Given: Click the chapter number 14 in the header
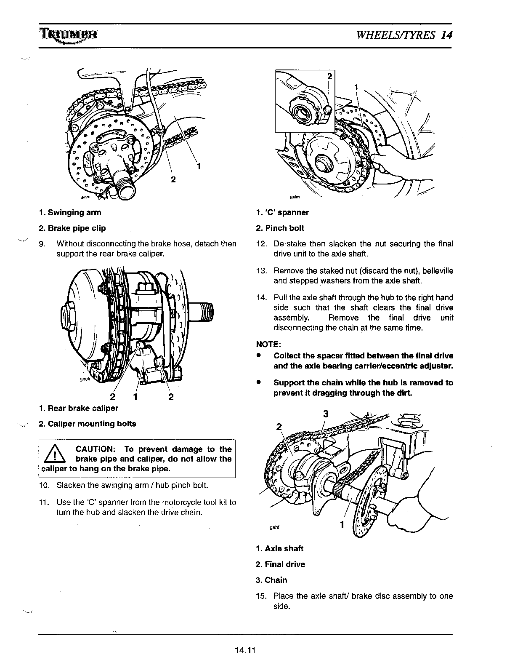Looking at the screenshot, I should [x=447, y=35].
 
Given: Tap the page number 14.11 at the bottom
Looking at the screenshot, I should [x=245, y=649].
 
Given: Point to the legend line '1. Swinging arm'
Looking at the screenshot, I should [x=70, y=213].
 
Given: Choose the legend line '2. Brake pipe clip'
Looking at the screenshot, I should [x=72, y=228].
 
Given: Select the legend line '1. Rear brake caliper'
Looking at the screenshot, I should [x=78, y=408].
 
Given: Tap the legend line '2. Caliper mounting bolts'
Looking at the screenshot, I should [x=87, y=424].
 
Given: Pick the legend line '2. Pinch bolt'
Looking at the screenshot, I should [x=280, y=228].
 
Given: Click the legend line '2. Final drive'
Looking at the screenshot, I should [x=280, y=564].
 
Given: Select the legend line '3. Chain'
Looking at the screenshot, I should [x=271, y=580].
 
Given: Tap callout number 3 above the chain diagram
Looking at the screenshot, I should [x=326, y=414].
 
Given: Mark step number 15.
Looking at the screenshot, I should [x=260, y=596].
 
